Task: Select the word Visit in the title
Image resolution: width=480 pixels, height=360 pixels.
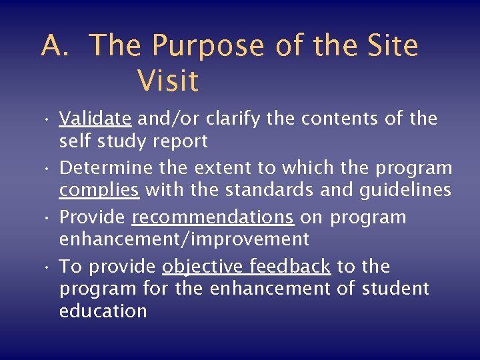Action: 168,81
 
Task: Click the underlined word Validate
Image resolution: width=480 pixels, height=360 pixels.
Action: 95,119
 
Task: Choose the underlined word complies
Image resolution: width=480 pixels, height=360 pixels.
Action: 99,190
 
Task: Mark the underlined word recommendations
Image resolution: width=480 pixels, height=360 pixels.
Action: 213,217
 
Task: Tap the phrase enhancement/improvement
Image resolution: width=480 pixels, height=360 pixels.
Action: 184,239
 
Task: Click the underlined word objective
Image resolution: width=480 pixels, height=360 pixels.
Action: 203,267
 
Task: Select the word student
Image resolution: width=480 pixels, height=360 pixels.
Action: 396,289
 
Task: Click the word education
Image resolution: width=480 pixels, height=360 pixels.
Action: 103,311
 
